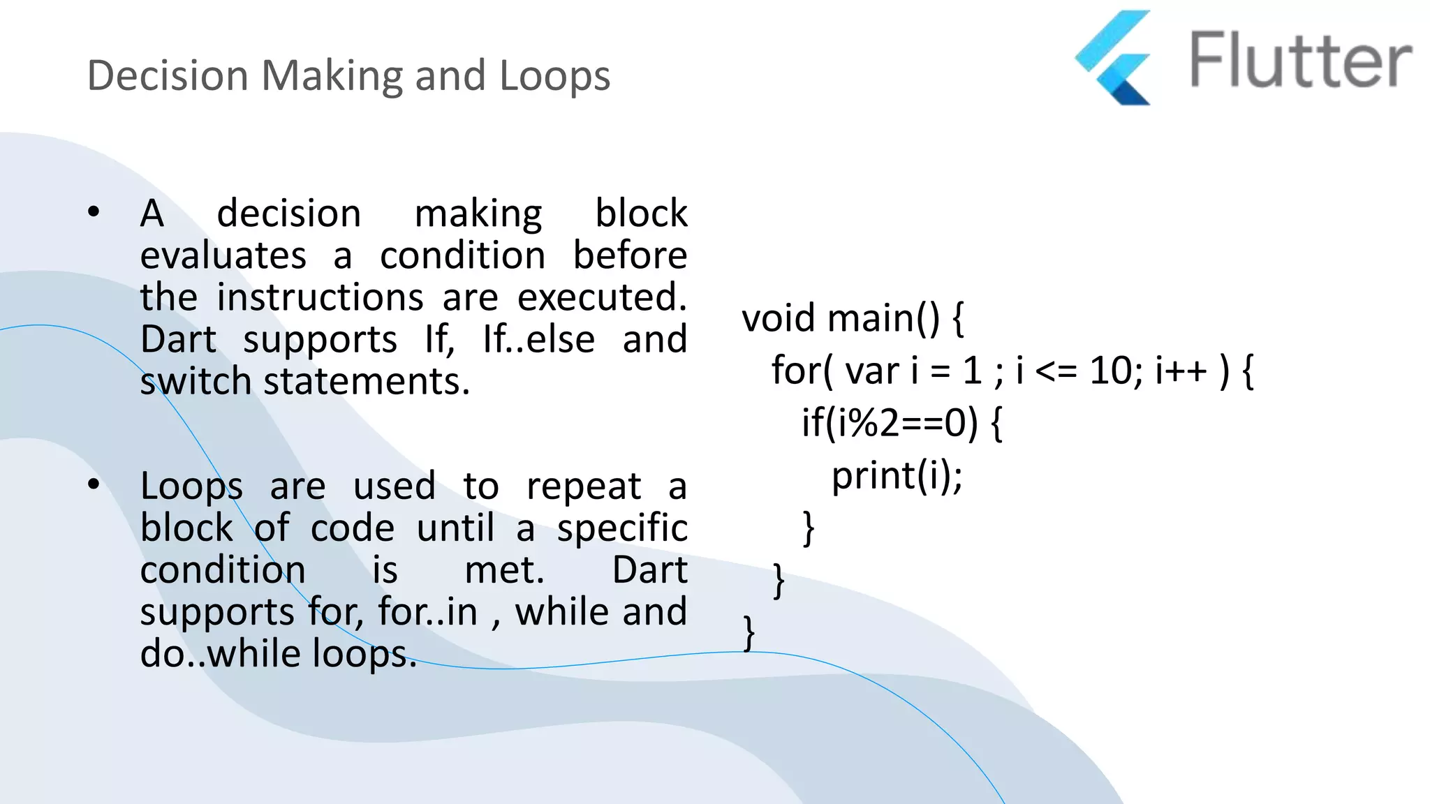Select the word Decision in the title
(168, 75)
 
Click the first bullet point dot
(94, 211)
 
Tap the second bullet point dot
(94, 484)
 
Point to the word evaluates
(223, 255)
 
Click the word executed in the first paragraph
(601, 297)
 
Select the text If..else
(538, 340)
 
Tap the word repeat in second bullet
(583, 486)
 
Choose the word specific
(621, 528)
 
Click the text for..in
(427, 612)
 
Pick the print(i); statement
(897, 476)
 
